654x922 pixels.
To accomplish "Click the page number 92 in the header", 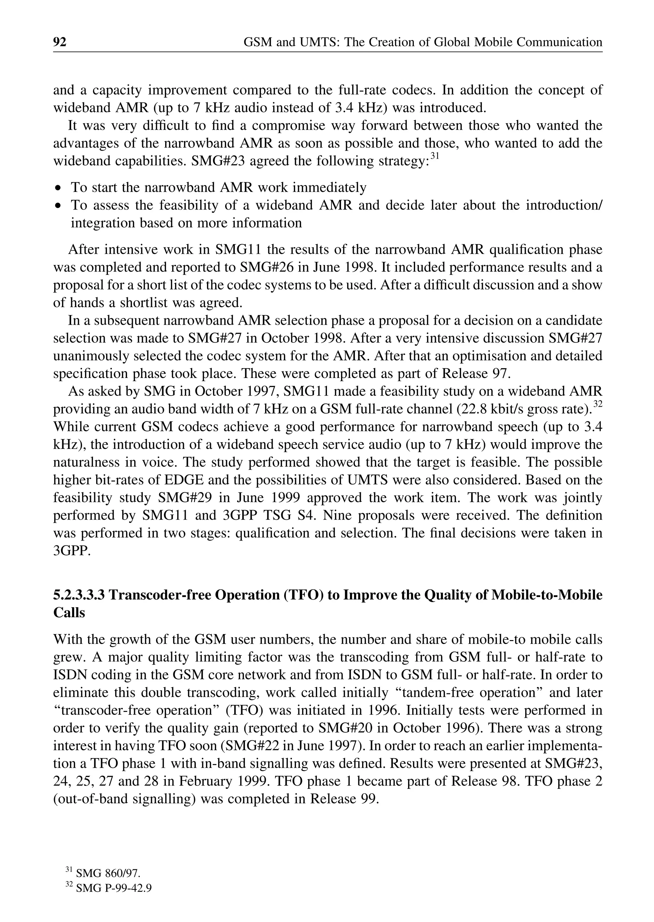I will point(60,42).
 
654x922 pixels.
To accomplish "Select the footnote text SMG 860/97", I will point(108,873).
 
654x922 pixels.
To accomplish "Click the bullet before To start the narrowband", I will point(59,188).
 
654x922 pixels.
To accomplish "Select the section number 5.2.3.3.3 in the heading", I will point(79,595).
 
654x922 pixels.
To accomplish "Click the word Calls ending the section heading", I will point(69,613).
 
